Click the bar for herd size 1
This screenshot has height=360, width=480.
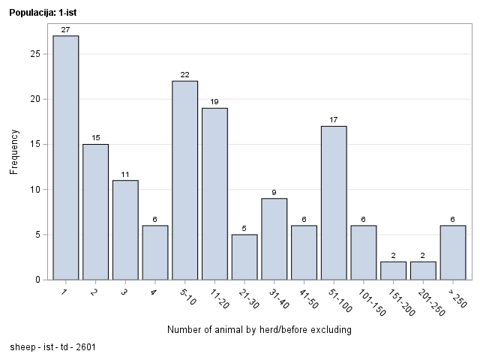(65, 157)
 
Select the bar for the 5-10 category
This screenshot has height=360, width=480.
(184, 180)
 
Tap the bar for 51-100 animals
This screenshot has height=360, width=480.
(334, 202)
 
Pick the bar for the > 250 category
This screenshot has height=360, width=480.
(453, 252)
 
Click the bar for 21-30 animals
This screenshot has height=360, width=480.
(244, 256)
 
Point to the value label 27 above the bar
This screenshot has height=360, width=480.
(65, 30)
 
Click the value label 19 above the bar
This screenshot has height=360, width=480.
(214, 102)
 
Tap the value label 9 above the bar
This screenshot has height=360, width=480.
(274, 192)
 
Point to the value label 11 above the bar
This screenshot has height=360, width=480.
(125, 174)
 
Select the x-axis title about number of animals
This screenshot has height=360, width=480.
(259, 330)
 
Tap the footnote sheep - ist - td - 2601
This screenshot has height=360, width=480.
(52, 348)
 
